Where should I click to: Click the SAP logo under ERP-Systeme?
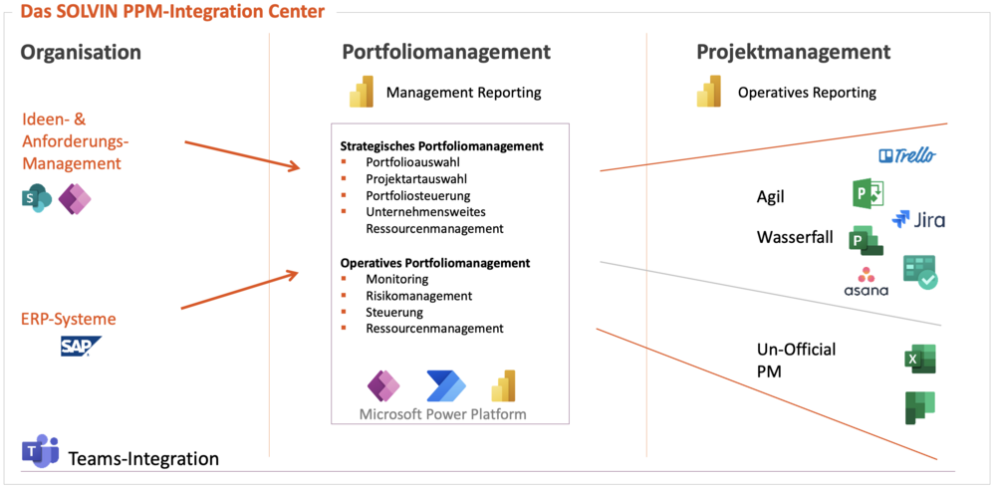click(x=80, y=347)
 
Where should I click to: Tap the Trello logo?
click(x=907, y=155)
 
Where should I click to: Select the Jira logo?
click(x=918, y=220)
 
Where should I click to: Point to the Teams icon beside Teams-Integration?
click(x=41, y=451)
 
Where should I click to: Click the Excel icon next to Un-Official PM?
click(x=919, y=360)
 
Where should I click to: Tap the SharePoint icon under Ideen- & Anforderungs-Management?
click(x=37, y=199)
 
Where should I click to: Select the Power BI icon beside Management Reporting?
click(x=361, y=92)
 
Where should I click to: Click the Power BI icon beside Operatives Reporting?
click(x=709, y=92)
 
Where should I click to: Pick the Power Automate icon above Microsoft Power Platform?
click(x=445, y=385)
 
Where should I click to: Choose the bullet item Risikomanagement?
click(x=418, y=296)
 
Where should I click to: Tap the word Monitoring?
click(x=396, y=279)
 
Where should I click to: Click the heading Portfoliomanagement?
click(x=446, y=52)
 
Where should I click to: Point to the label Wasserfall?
click(x=795, y=238)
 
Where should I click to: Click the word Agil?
click(x=771, y=197)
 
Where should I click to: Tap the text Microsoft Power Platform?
click(x=442, y=413)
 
